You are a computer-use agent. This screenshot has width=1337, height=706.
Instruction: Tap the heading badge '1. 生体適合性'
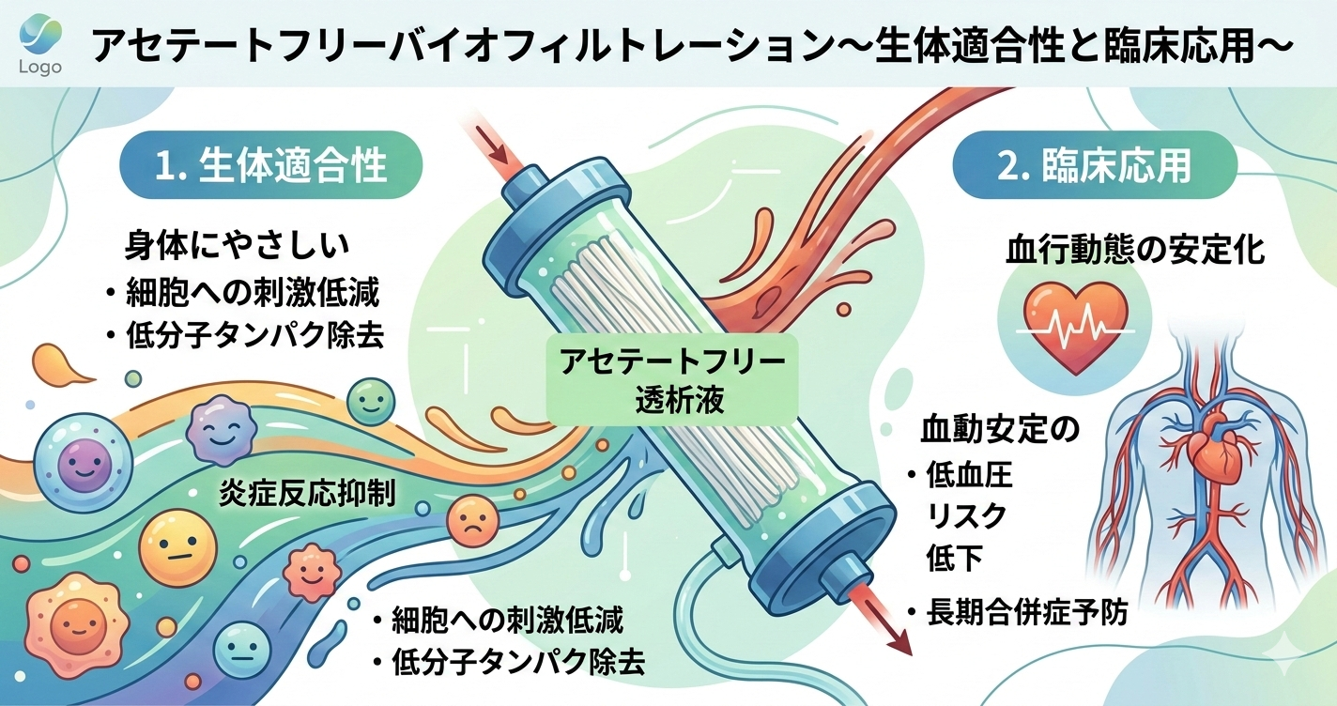(270, 166)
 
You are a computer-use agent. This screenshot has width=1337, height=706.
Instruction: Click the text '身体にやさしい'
(237, 246)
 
